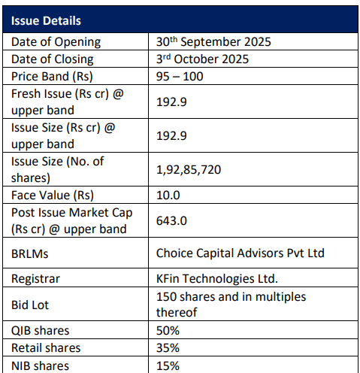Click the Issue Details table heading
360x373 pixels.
pyautogui.click(x=46, y=20)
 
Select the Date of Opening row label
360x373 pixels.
pyautogui.click(x=56, y=42)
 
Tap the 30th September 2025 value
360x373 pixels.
pyautogui.click(x=213, y=41)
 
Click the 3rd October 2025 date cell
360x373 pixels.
pyautogui.click(x=202, y=59)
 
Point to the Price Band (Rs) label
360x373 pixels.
pyautogui.click(x=52, y=77)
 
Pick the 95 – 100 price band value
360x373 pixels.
pyautogui.click(x=180, y=76)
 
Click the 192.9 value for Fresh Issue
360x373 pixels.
pyautogui.click(x=171, y=102)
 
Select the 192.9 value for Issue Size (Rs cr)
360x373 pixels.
pyautogui.click(x=171, y=135)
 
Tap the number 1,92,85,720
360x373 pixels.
pyautogui.click(x=189, y=170)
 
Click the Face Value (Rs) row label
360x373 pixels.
pyautogui.click(x=53, y=196)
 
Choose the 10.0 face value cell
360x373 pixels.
pyautogui.click(x=168, y=195)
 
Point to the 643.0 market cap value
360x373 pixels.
pyautogui.click(x=171, y=220)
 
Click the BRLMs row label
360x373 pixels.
pyautogui.click(x=30, y=253)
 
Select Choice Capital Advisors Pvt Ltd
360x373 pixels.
pyautogui.click(x=241, y=253)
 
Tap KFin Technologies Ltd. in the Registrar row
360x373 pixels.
pyautogui.click(x=217, y=278)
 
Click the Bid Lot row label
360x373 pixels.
pyautogui.click(x=30, y=305)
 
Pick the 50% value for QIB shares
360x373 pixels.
pyautogui.click(x=168, y=330)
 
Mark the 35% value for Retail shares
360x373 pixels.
pyautogui.click(x=168, y=347)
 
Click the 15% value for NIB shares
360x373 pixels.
pyautogui.click(x=168, y=365)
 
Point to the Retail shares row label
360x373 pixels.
pyautogui.click(x=46, y=347)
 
